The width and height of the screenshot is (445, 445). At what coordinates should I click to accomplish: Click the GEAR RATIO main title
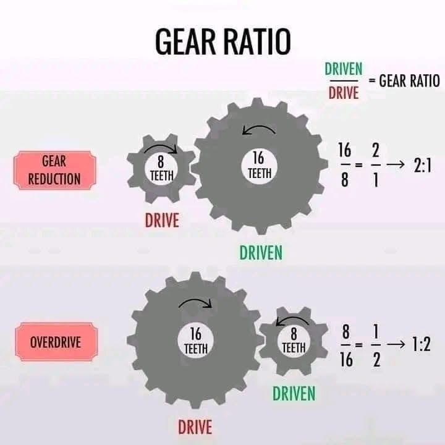coord(223,42)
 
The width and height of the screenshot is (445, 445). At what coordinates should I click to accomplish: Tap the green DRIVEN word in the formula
coord(344,69)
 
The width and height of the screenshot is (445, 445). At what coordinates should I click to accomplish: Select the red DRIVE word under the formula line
coord(344,93)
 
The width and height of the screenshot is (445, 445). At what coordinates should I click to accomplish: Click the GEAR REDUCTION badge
coord(55,171)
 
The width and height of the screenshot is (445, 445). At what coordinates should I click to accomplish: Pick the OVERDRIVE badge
coord(56,342)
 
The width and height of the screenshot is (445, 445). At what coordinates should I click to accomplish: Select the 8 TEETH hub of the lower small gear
coord(294,341)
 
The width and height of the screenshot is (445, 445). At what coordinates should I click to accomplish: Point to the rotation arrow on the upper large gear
coord(259,127)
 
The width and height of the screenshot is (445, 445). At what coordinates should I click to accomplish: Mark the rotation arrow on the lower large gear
coord(197,301)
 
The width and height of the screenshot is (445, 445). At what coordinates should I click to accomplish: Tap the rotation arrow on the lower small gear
coord(292,319)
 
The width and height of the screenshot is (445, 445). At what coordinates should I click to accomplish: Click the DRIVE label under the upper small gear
coord(162,220)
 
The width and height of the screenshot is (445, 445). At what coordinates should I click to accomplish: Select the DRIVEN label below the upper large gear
coord(261,253)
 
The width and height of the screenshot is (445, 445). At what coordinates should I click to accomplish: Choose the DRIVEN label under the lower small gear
coord(294,394)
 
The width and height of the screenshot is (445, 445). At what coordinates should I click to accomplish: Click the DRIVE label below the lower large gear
coord(195,427)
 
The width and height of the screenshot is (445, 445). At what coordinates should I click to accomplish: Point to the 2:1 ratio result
coord(423,166)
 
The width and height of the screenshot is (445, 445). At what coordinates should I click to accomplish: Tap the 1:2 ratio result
coord(422,344)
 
